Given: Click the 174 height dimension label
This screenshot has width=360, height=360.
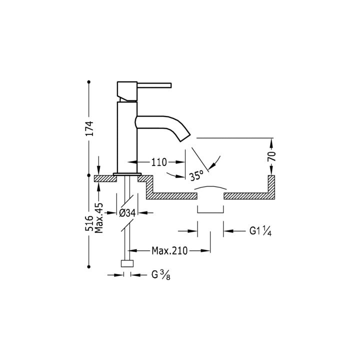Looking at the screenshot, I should tap(89, 128).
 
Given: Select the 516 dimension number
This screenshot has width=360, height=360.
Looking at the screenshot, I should tap(89, 223).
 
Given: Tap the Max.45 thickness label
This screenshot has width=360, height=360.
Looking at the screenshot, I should tap(99, 218).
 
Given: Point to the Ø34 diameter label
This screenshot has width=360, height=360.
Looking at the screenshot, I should tap(127, 213).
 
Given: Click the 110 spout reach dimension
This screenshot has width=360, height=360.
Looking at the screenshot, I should tap(158, 162).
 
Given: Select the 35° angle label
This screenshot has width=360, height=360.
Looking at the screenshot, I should tap(196, 175).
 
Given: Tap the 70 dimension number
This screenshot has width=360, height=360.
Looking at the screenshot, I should tap(272, 155).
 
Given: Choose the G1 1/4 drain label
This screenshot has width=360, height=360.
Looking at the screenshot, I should tap(260, 231).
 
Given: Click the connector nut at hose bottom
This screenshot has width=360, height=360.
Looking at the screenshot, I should tap(127, 264).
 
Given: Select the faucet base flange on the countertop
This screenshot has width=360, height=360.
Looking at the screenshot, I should tap(126, 174).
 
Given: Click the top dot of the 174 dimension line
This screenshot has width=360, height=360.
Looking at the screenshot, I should tap(89, 81).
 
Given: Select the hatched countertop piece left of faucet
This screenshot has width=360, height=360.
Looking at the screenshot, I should tap(104, 178).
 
